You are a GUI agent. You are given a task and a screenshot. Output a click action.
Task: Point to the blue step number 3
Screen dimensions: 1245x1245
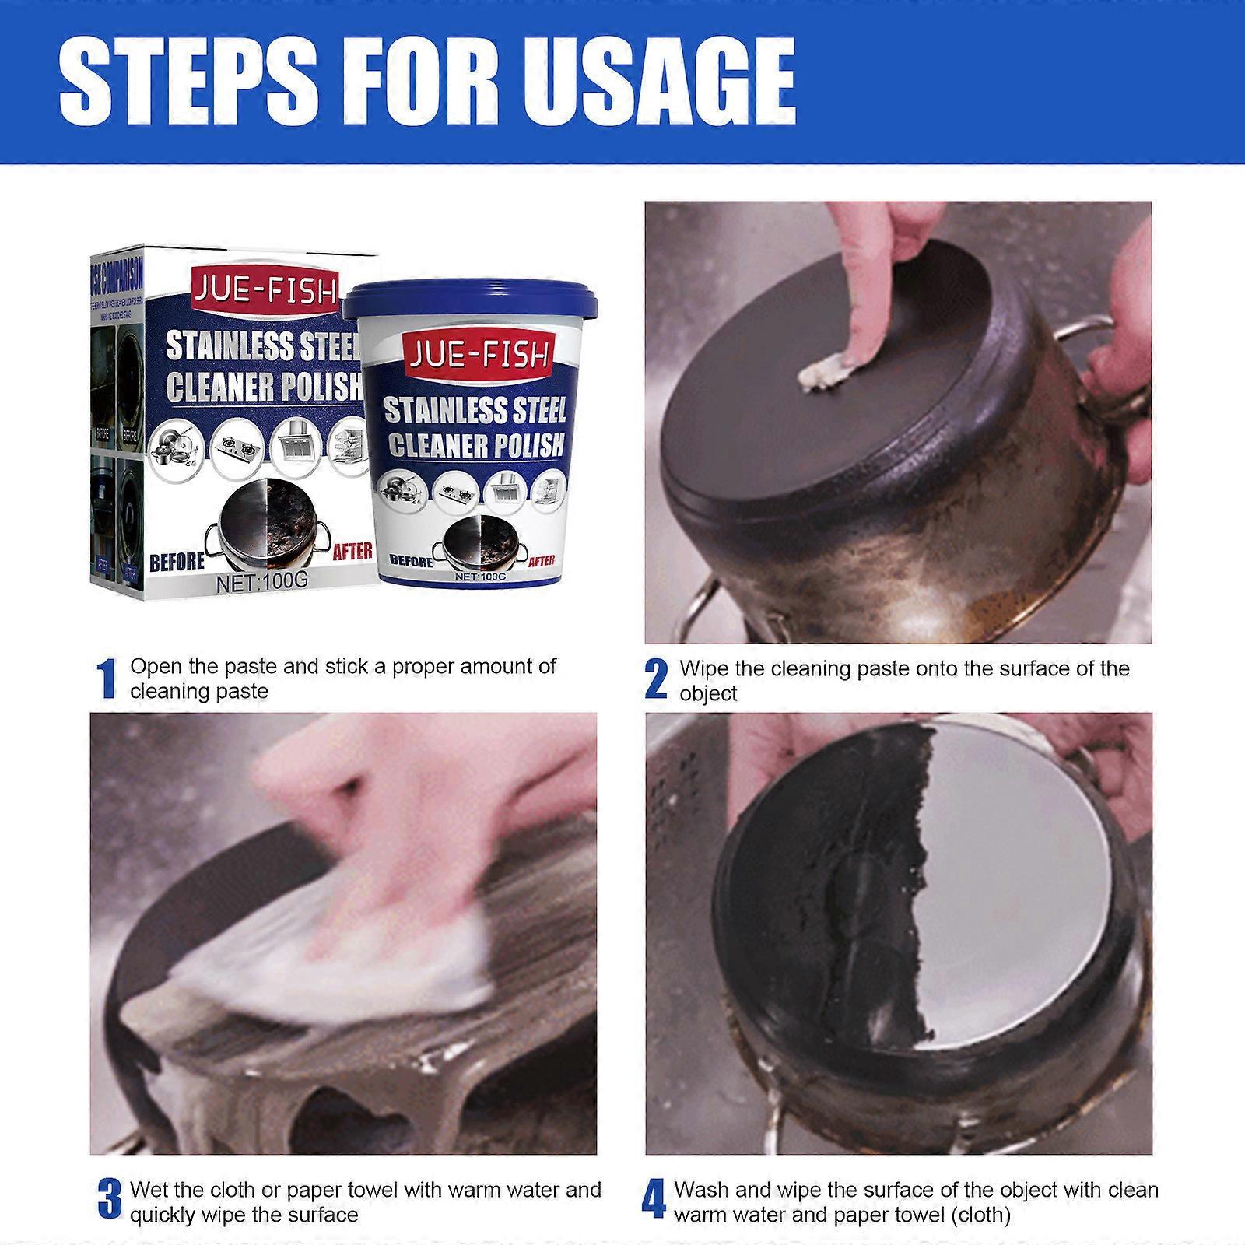109,1201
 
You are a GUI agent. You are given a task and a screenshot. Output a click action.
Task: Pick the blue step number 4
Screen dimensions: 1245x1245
654,1201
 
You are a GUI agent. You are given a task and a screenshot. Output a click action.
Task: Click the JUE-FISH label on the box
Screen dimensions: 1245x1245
265,292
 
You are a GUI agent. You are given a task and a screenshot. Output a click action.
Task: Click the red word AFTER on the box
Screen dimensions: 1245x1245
352,551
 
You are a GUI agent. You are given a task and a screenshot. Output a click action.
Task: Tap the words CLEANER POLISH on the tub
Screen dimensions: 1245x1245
475,445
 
